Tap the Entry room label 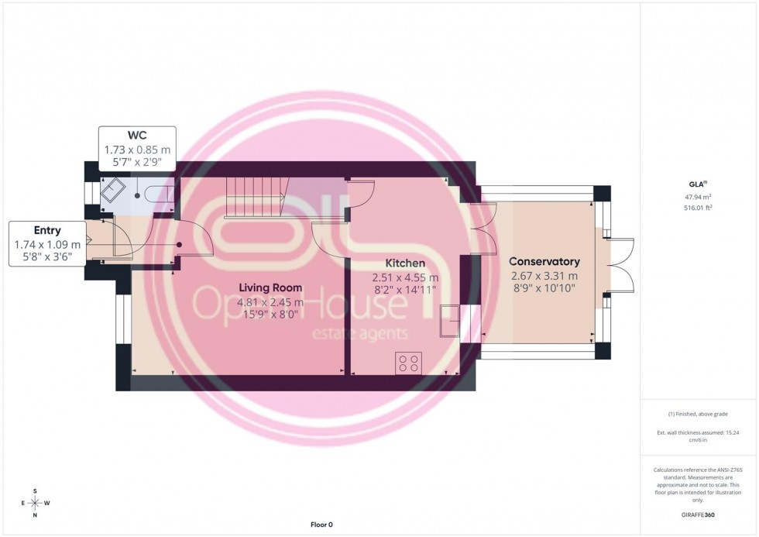[x=47, y=230]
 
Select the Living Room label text [x=270, y=287]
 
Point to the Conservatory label [x=544, y=262]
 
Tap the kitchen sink [x=448, y=322]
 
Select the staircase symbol [x=256, y=196]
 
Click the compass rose [x=36, y=502]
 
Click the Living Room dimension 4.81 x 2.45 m [x=270, y=302]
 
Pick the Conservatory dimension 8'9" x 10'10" [x=544, y=288]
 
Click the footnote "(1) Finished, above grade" [x=698, y=414]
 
